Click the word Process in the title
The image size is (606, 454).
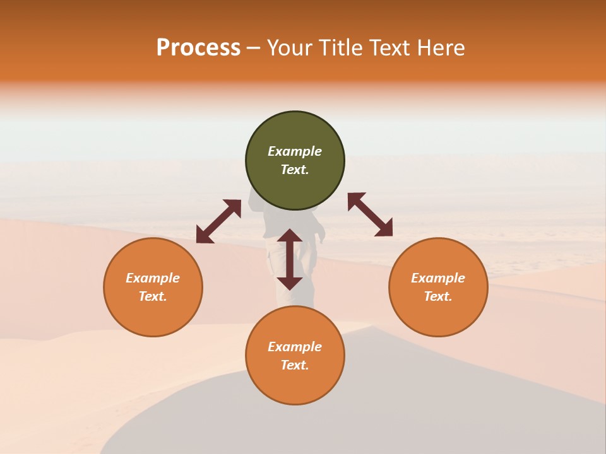click(x=198, y=48)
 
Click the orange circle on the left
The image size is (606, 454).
click(x=153, y=287)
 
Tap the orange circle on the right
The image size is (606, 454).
click(x=438, y=287)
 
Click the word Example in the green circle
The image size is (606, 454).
click(x=295, y=151)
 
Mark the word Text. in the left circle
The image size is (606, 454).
click(x=153, y=296)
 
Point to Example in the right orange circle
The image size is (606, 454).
click(x=438, y=278)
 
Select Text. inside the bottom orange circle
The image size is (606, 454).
click(x=295, y=365)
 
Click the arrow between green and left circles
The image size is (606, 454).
click(x=218, y=221)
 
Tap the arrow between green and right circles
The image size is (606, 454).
click(x=371, y=215)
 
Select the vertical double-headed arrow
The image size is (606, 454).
click(x=290, y=259)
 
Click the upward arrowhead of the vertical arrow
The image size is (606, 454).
click(x=290, y=235)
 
